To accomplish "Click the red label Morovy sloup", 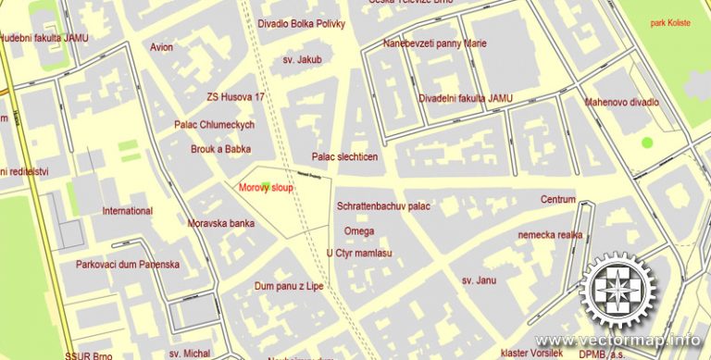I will pyautogui.click(x=266, y=187).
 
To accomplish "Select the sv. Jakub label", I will pyautogui.click(x=302, y=59).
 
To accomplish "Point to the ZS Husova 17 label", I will pyautogui.click(x=235, y=96).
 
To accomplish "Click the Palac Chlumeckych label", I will pyautogui.click(x=214, y=124).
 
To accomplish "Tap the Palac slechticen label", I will pyautogui.click(x=344, y=157).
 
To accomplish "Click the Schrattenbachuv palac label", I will pyautogui.click(x=384, y=206).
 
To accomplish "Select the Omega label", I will pyautogui.click(x=359, y=230).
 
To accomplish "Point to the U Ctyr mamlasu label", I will pyautogui.click(x=359, y=253).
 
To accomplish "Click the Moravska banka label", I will pyautogui.click(x=221, y=224).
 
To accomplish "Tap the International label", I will pyautogui.click(x=127, y=211).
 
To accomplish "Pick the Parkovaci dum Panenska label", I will pyautogui.click(x=128, y=264).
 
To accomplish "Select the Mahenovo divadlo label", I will pyautogui.click(x=621, y=102).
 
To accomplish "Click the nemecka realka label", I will pyautogui.click(x=550, y=235).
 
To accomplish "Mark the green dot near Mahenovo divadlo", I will pyautogui.click(x=646, y=143).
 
